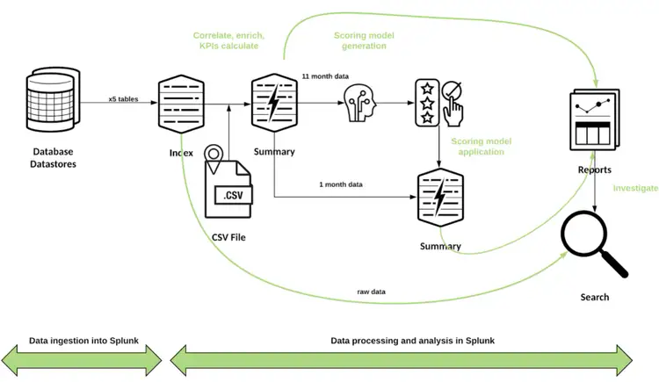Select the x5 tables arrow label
click(125, 97)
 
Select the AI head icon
click(362, 104)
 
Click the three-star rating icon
click(427, 104)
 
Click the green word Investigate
click(635, 188)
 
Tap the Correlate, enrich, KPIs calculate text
click(228, 40)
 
